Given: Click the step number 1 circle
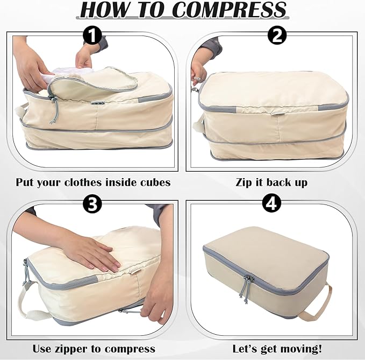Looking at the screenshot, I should [x=93, y=36].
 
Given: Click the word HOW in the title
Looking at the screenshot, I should [x=104, y=11].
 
